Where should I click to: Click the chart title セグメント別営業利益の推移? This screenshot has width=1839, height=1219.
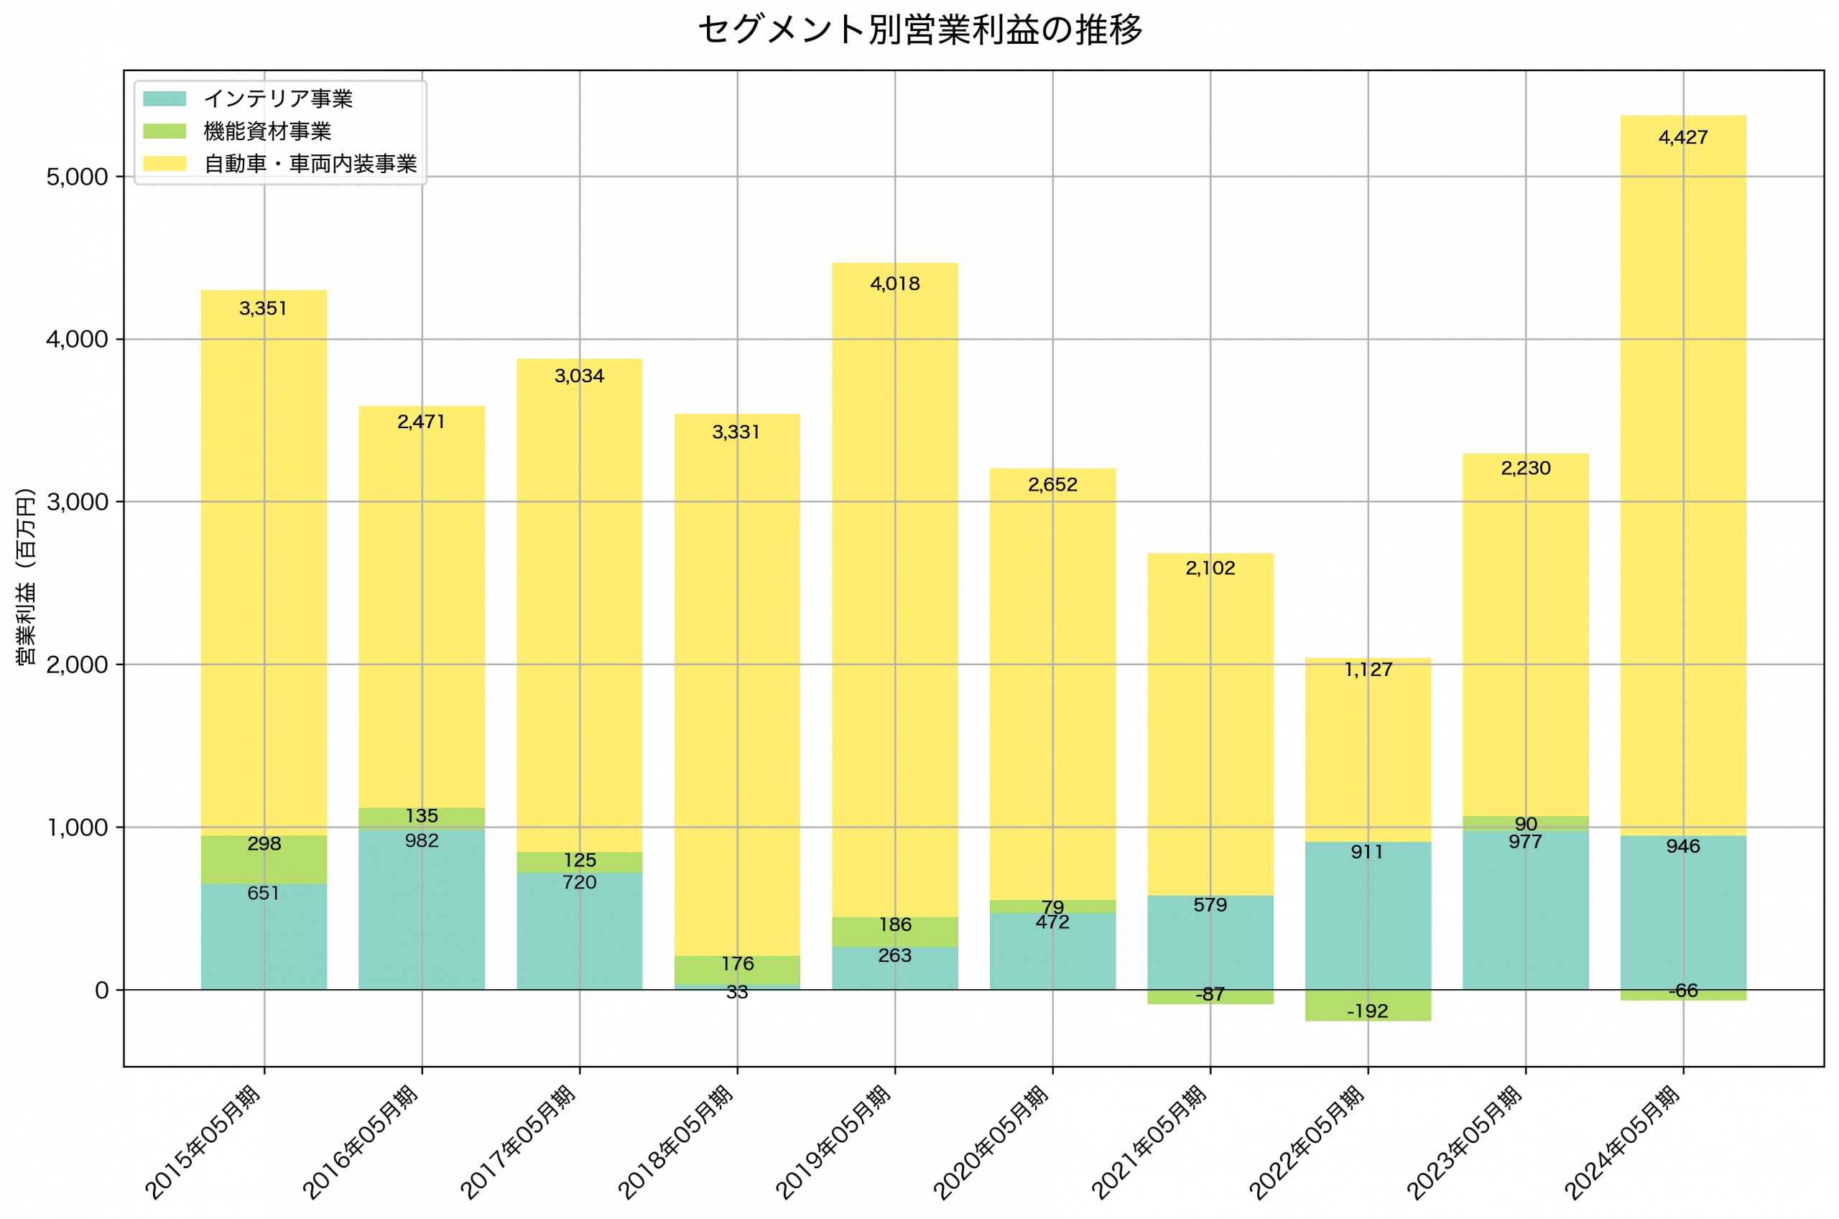pyautogui.click(x=919, y=30)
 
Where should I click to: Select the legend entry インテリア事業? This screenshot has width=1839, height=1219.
pyautogui.click(x=277, y=98)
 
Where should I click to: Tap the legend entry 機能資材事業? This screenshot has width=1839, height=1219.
pyautogui.click(x=267, y=131)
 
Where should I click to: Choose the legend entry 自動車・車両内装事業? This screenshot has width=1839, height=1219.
pyautogui.click(x=310, y=164)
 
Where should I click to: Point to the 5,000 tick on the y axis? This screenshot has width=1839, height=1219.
pyautogui.click(x=77, y=177)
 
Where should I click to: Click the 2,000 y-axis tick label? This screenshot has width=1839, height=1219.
pyautogui.click(x=77, y=665)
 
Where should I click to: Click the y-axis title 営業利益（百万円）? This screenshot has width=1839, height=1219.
pyautogui.click(x=26, y=576)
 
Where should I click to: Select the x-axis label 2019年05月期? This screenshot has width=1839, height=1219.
pyautogui.click(x=833, y=1143)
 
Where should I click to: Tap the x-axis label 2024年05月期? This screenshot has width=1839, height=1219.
pyautogui.click(x=1621, y=1143)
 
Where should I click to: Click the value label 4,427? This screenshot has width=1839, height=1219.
pyautogui.click(x=1683, y=138)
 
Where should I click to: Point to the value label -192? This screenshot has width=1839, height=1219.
pyautogui.click(x=1367, y=1011)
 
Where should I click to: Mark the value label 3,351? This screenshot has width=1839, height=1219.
pyautogui.click(x=264, y=309)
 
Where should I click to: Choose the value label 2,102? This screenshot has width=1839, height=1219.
pyautogui.click(x=1210, y=568)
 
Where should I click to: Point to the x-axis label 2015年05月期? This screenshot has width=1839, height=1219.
pyautogui.click(x=203, y=1143)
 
